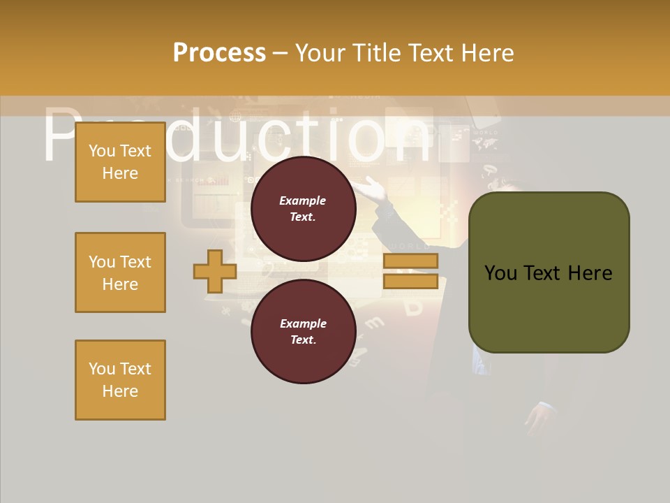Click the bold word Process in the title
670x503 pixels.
[x=219, y=53]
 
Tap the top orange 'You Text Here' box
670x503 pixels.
[x=120, y=162]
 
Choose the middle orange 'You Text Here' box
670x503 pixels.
[x=120, y=272]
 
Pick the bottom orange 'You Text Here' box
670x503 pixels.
[x=120, y=380]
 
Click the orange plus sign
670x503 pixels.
[x=215, y=271]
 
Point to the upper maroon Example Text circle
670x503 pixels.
[x=304, y=208]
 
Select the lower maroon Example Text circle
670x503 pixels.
[x=304, y=331]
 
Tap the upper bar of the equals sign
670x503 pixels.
[x=410, y=261]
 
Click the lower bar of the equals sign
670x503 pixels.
[x=410, y=282]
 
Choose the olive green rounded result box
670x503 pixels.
[x=549, y=272]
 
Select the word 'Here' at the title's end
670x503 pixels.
[x=489, y=53]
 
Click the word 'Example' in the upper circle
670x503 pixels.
[x=303, y=201]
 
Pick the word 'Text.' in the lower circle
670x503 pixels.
[x=303, y=340]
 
